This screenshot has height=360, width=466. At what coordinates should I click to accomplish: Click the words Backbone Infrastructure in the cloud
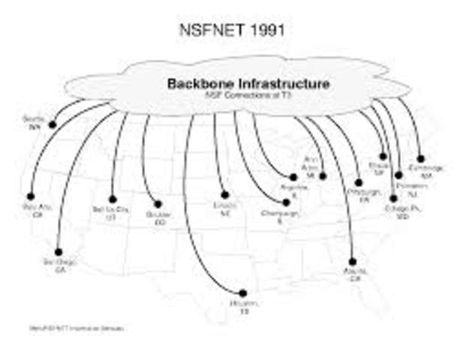coord(247,84)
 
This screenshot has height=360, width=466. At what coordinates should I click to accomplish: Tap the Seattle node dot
coord(52,124)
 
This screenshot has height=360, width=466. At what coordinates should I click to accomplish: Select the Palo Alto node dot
coord(31,196)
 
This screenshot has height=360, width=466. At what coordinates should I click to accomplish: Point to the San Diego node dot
coord(59,252)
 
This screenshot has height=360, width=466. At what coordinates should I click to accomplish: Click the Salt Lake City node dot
coord(113,199)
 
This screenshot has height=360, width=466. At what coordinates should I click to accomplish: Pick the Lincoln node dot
coord(224,195)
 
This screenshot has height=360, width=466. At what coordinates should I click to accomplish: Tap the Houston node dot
coord(241,292)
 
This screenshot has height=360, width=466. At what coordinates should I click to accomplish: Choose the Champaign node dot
coord(286,202)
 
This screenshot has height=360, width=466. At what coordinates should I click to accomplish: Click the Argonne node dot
coord(293,177)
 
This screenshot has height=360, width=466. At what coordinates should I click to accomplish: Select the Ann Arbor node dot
coord(323,176)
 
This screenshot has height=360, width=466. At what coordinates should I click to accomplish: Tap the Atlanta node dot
coord(353,262)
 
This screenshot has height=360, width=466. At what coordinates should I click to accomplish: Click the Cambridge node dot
coord(421,158)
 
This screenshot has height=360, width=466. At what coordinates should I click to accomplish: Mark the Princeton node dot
coord(398,175)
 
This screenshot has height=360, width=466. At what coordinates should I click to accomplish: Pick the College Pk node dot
coord(391,199)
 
